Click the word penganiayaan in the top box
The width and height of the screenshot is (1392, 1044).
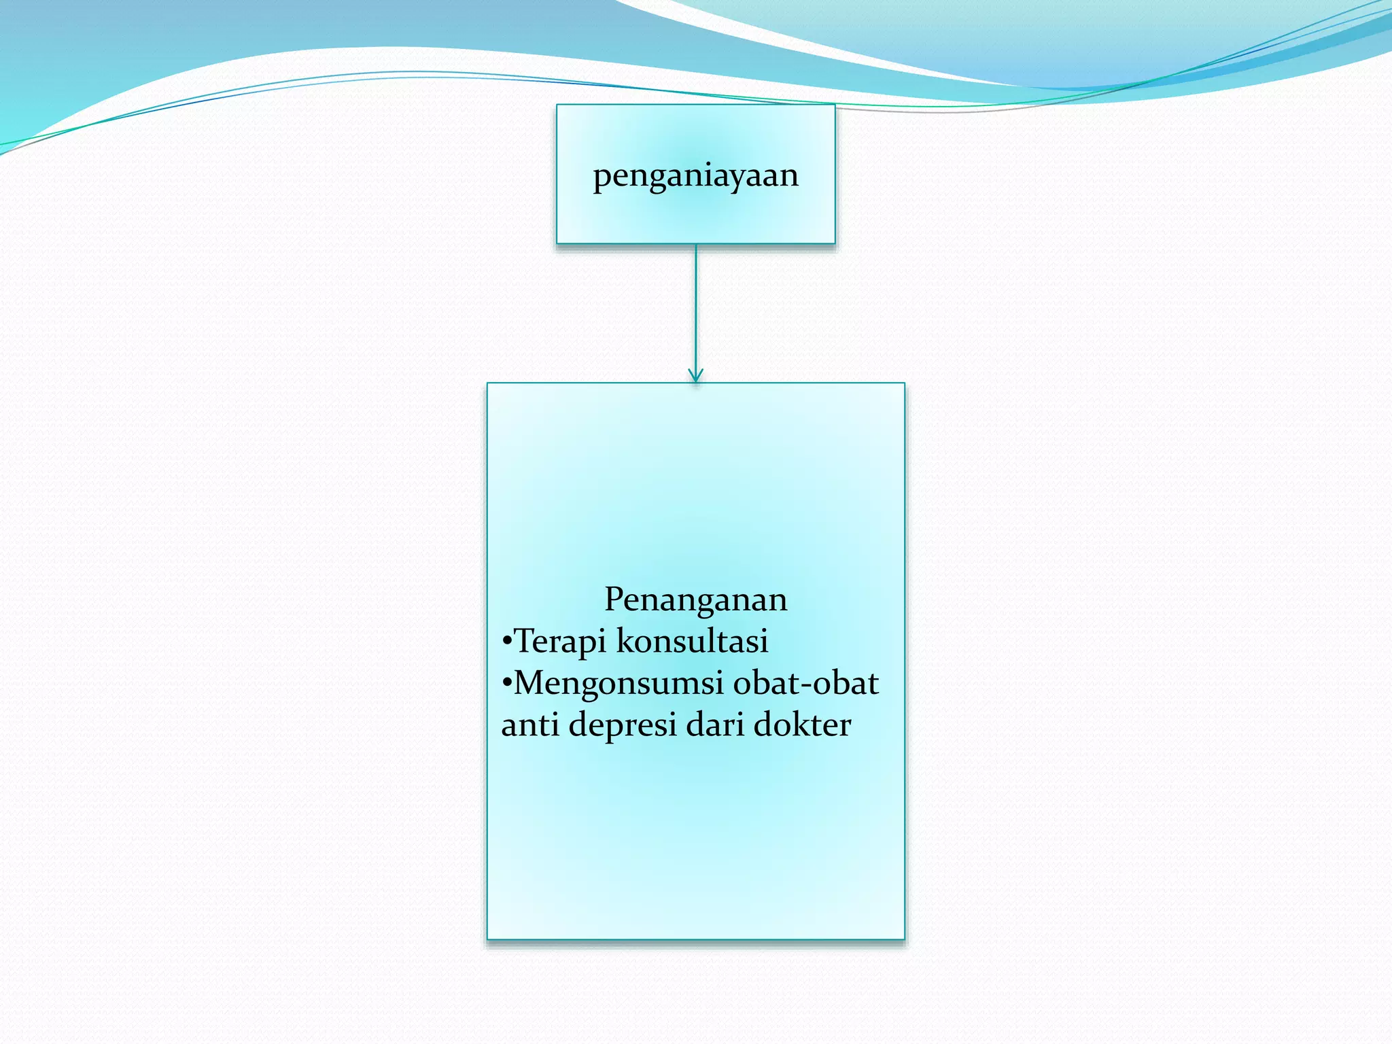coord(695,176)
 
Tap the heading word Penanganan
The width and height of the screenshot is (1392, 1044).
coord(695,599)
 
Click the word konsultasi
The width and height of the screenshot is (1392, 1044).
coord(692,641)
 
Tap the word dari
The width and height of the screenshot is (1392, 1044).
coord(714,725)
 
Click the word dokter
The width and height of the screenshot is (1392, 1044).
coord(802,725)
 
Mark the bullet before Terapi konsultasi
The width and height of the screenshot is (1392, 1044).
coord(506,642)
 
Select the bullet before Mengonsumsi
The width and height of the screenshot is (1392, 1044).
coord(506,684)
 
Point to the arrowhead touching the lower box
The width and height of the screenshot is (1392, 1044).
coord(695,376)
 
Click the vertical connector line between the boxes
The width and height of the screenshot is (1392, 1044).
coord(695,306)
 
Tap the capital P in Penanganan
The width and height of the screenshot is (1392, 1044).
coord(615,599)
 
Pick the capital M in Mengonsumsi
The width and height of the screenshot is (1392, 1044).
coord(531,683)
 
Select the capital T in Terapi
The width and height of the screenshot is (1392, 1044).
coord(525,641)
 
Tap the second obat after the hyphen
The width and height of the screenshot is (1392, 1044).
coord(846,683)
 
